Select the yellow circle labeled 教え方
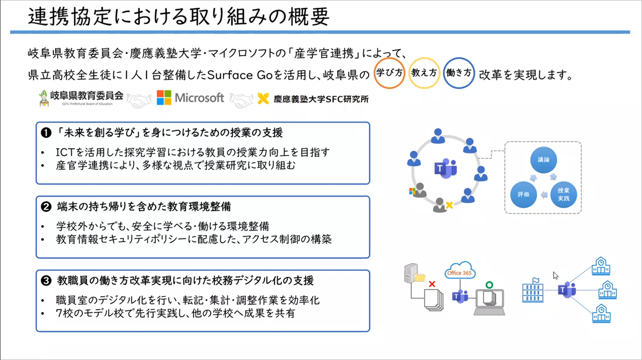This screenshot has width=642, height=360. click(x=424, y=73)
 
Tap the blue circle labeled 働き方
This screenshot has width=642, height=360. click(x=459, y=73)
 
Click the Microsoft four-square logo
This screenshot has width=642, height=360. click(x=164, y=97)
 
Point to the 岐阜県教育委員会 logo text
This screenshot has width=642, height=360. click(x=86, y=96)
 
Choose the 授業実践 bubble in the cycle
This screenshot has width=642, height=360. click(x=563, y=194)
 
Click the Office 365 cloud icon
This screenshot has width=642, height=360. click(x=460, y=272)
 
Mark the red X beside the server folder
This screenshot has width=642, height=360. click(x=432, y=285)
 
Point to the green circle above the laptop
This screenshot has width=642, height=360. click(x=487, y=284)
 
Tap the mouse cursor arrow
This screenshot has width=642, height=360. click(x=556, y=275)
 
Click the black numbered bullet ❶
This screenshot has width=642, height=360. click(x=47, y=132)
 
